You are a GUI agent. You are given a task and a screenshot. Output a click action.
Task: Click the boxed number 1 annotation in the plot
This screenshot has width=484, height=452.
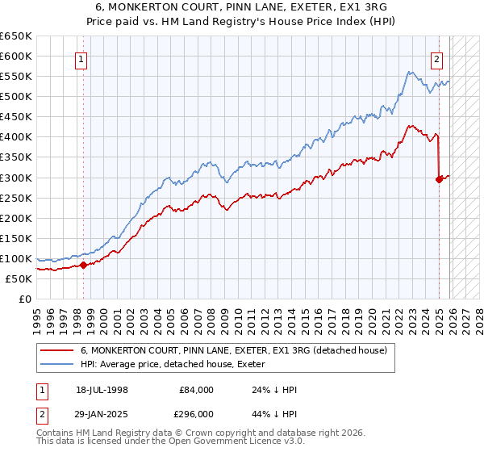[83, 58]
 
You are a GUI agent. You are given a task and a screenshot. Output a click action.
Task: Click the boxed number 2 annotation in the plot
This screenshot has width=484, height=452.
[436, 58]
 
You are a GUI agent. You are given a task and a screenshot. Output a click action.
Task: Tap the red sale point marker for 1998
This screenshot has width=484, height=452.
[83, 265]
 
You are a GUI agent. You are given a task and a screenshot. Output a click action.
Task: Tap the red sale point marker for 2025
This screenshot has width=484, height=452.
[439, 179]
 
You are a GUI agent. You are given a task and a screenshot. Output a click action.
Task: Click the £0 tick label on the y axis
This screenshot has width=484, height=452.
[26, 299]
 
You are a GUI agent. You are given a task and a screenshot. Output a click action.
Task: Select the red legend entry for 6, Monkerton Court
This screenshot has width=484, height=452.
[234, 351]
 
